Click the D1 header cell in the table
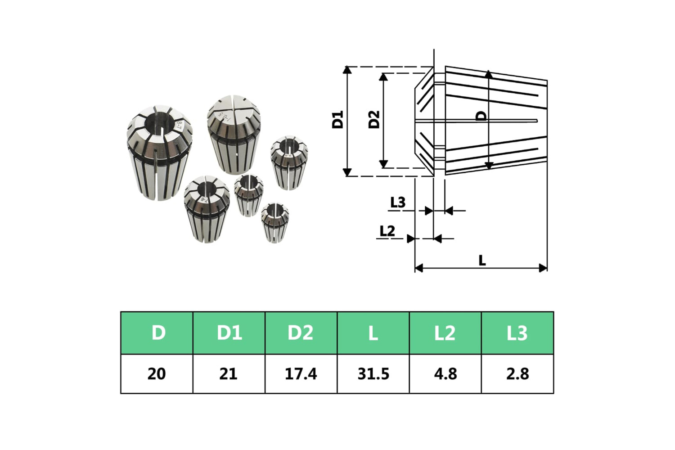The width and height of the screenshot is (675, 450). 229,333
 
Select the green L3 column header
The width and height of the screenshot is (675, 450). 517,333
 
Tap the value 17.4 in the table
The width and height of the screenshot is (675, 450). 301,374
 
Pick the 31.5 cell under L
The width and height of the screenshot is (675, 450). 373,374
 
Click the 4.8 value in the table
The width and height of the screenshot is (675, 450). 445,374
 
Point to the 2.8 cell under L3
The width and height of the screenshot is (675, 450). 517,374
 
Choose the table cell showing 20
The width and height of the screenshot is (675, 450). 157,374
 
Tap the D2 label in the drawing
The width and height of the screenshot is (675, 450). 374,120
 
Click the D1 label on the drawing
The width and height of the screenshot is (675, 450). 337,120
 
